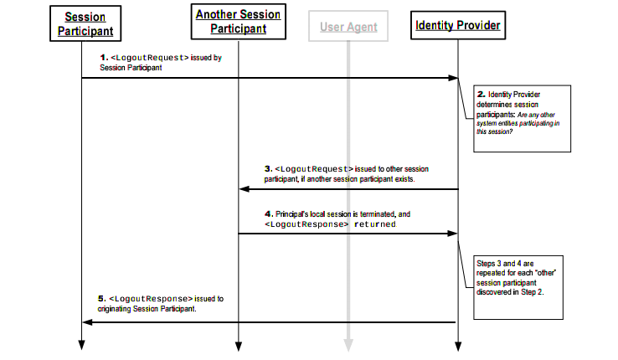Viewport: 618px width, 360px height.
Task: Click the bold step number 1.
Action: coord(104,58)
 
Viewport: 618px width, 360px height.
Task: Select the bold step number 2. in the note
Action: coord(482,94)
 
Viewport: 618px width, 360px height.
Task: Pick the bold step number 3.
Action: coord(269,168)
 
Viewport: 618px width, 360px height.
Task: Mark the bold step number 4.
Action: coord(269,213)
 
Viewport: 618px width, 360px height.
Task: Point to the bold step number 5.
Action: coord(102,299)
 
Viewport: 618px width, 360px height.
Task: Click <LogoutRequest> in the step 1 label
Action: coord(150,58)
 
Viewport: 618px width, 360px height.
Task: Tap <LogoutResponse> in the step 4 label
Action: coord(306,224)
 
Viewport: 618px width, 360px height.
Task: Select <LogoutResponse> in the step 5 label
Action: coord(151,299)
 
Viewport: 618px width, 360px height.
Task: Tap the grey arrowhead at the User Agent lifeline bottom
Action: coord(348,345)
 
